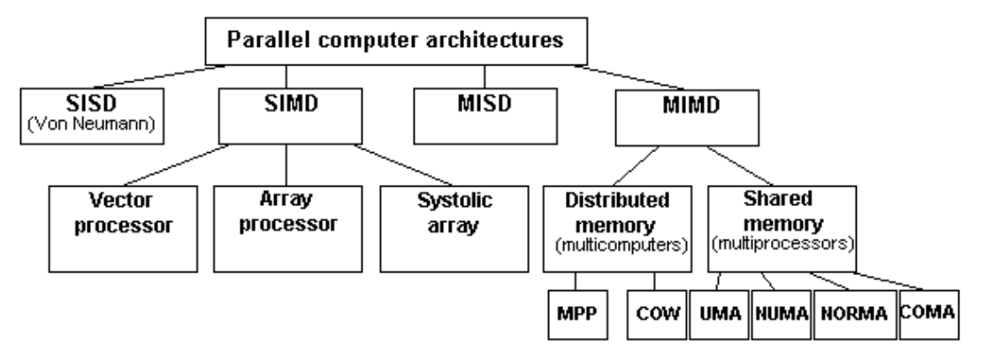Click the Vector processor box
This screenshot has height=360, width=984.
click(x=121, y=226)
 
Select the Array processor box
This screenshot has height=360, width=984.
click(x=285, y=226)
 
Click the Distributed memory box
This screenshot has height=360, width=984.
click(x=617, y=226)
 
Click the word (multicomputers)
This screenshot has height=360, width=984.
click(x=617, y=243)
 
